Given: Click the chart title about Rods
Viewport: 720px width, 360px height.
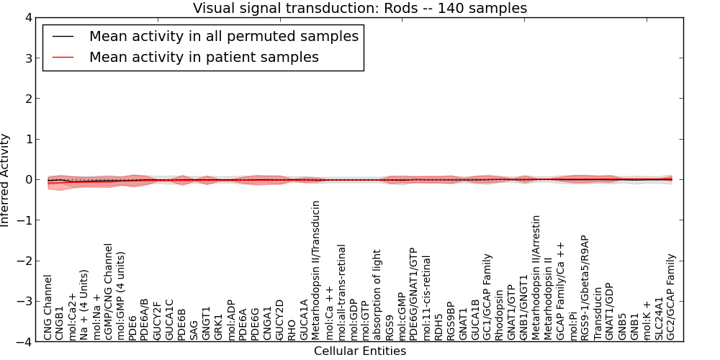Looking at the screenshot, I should point(359,9).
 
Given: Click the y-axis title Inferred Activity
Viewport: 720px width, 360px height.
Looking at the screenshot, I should point(6,180).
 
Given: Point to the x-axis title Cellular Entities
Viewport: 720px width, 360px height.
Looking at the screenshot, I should point(359,351).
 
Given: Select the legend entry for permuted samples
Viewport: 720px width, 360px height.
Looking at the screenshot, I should point(223,36).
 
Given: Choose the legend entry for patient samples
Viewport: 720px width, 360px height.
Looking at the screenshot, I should point(204,57).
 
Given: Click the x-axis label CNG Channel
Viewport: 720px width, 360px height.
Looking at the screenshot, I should point(48,307).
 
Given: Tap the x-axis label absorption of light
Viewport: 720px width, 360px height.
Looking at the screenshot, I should point(377,294).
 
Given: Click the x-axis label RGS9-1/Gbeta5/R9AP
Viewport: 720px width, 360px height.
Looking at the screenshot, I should point(585,287).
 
